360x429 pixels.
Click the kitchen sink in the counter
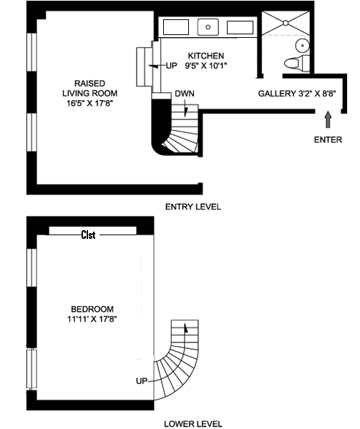tap(208, 27)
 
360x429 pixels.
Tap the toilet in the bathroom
tap(297, 63)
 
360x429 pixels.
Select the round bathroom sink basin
tap(303, 45)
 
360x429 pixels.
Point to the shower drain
tap(286, 23)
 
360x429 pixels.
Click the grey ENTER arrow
tap(328, 119)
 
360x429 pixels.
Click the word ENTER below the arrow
tap(328, 140)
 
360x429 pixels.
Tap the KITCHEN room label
tap(206, 56)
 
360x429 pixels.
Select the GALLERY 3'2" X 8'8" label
tap(297, 94)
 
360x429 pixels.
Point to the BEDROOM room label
tap(92, 309)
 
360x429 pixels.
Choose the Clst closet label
tap(89, 235)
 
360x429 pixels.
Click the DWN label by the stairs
tap(185, 94)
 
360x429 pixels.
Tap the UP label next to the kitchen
tap(172, 66)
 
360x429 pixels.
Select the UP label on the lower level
tap(142, 381)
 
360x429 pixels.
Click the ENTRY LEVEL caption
tap(193, 207)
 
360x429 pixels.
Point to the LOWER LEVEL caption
tap(193, 424)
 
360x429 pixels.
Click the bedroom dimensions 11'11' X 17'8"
tap(92, 319)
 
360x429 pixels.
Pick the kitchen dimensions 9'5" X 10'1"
tap(206, 66)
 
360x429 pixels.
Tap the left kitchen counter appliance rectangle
tap(176, 27)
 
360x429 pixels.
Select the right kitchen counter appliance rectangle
tap(240, 27)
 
